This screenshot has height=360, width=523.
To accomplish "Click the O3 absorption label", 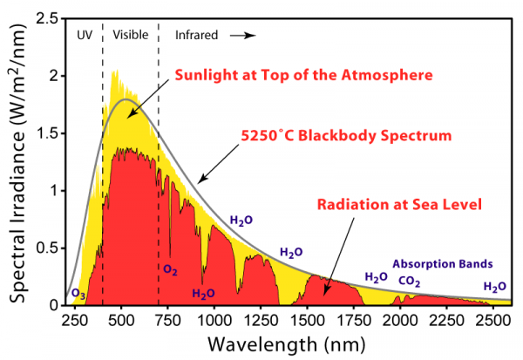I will click(x=77, y=294).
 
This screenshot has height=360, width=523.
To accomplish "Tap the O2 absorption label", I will click(x=171, y=269).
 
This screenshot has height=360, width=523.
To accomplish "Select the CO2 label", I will click(x=410, y=281).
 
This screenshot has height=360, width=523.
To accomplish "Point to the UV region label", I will click(x=85, y=35).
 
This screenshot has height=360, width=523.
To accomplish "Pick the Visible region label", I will click(x=130, y=35).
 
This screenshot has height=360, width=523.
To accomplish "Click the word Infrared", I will click(x=198, y=35).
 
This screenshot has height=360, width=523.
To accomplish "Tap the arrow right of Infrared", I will click(x=248, y=36).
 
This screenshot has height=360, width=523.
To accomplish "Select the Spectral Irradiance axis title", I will click(x=18, y=161).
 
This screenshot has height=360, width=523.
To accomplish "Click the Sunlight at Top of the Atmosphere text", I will click(x=304, y=76).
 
